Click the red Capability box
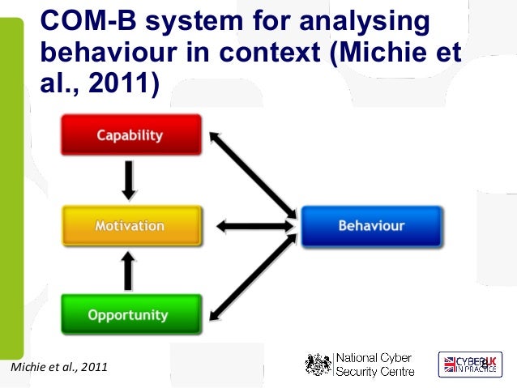pos(130,135)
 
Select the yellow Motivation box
pos(130,226)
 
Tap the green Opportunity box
pos(130,315)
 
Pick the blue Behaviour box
pos(371,226)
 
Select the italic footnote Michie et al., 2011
pos(57,369)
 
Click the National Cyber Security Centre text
pos(374,365)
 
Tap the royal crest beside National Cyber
pos(318,365)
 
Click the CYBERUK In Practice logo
pos(470,365)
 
